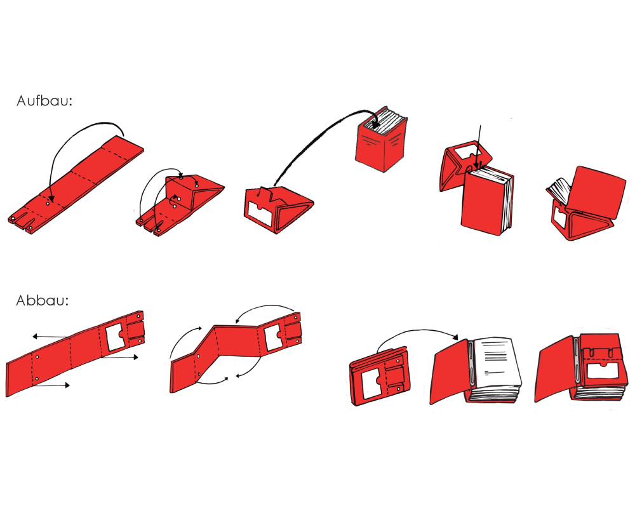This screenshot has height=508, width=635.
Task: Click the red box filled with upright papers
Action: pos(381,139)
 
